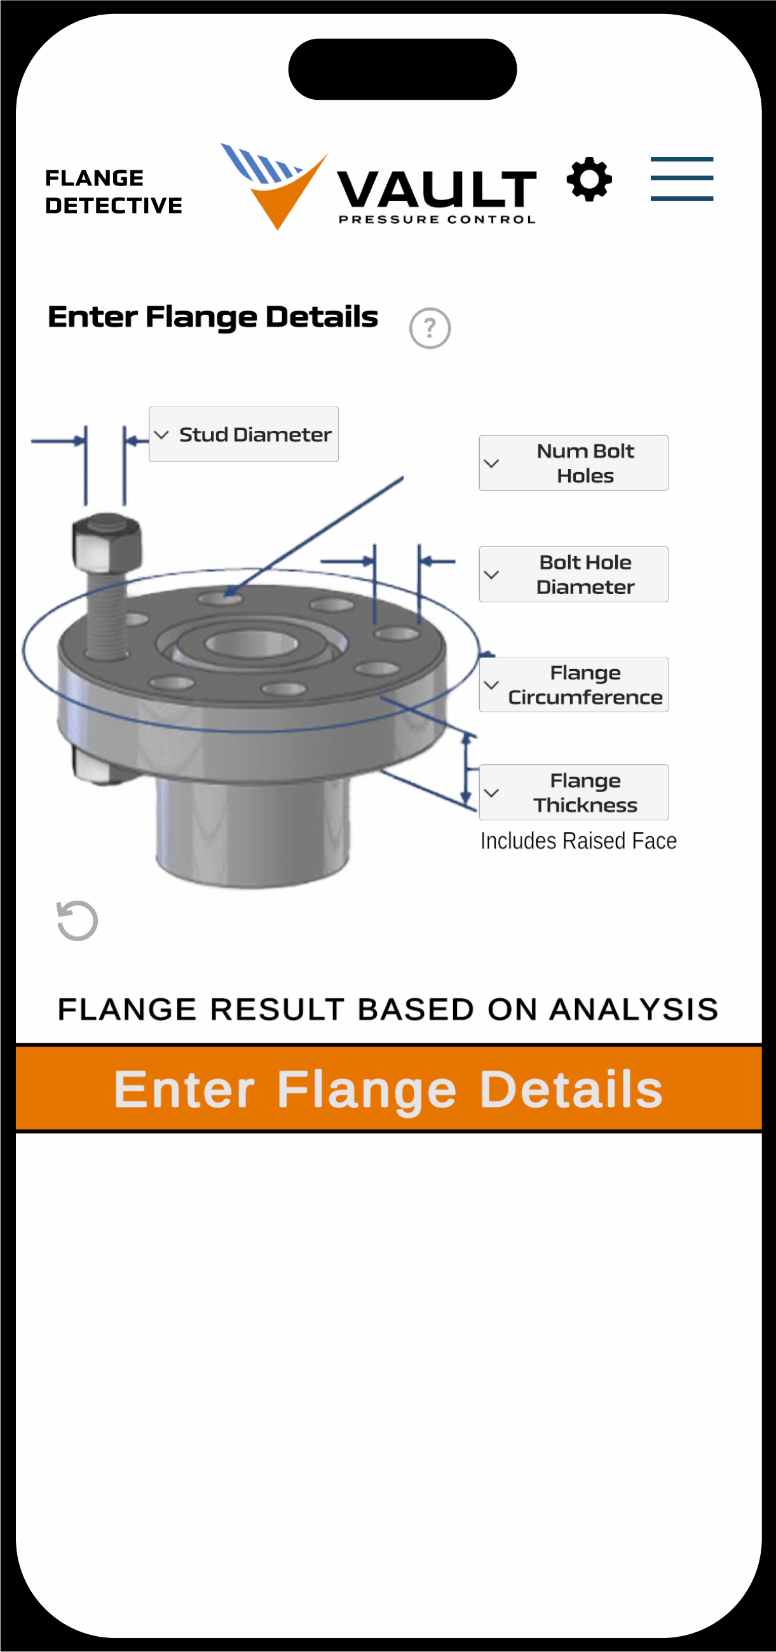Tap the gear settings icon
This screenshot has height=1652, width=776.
pyautogui.click(x=589, y=179)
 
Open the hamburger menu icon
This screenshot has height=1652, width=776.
pyautogui.click(x=682, y=179)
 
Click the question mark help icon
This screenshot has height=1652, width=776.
pyautogui.click(x=430, y=328)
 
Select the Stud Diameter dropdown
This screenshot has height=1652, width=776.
pyautogui.click(x=243, y=434)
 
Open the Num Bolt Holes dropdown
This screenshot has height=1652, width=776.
pyautogui.click(x=573, y=463)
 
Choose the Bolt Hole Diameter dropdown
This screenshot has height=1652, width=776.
pyautogui.click(x=573, y=574)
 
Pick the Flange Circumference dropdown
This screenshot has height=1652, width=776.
pyautogui.click(x=573, y=684)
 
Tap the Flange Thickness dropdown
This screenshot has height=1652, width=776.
pyautogui.click(x=573, y=792)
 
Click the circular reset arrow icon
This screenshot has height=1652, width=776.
pyautogui.click(x=77, y=921)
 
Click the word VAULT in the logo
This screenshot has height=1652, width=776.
pyautogui.click(x=436, y=189)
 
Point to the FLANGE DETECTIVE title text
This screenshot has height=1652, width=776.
pyautogui.click(x=114, y=191)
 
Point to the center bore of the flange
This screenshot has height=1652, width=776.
pyautogui.click(x=252, y=643)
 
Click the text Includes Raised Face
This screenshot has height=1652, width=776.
pyautogui.click(x=578, y=841)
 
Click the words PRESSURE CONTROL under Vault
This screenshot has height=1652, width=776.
pyautogui.click(x=437, y=219)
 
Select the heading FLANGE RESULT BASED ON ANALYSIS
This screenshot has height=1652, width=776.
pyautogui.click(x=388, y=1009)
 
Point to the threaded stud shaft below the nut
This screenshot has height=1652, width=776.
pyautogui.click(x=107, y=614)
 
